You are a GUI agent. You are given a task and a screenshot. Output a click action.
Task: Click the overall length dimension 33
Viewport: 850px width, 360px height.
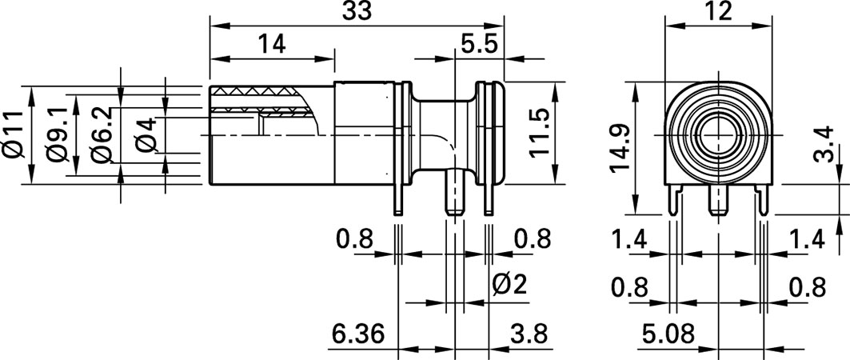tap(357, 13)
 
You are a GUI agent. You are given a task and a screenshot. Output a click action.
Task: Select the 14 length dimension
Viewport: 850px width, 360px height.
tap(271, 45)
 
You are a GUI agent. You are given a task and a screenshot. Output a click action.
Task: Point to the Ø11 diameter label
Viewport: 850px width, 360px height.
tap(14, 135)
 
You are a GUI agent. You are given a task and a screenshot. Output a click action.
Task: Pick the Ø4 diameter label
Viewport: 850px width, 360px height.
tap(146, 135)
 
